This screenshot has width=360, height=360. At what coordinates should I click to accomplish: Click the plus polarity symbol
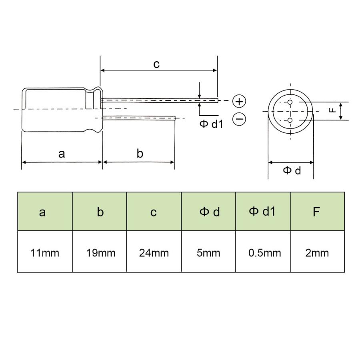239,102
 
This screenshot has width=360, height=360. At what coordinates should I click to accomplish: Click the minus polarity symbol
239,119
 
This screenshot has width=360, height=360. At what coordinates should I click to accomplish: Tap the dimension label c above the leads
156,64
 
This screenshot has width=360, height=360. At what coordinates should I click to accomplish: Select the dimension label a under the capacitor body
61,154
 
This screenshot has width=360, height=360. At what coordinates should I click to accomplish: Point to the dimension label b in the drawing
140,154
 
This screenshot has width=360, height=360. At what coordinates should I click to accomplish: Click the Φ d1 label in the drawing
211,124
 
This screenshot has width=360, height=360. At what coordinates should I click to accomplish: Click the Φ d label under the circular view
292,171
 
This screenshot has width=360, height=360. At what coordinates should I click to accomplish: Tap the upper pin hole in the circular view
290,102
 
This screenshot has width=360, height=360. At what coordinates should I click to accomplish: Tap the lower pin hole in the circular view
290,120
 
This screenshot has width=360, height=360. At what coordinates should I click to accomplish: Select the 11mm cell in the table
45,253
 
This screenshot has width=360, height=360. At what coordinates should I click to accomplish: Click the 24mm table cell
154,253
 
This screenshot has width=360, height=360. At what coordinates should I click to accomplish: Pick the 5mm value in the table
208,253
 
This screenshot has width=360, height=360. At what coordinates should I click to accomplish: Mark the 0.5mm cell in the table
263,253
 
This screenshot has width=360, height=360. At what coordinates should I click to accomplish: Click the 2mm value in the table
317,253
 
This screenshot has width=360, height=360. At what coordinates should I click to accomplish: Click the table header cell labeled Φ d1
262,211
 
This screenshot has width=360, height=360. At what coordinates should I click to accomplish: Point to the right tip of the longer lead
218,100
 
